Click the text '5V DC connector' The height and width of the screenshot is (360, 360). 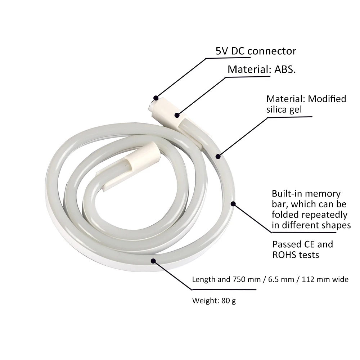click(256, 51)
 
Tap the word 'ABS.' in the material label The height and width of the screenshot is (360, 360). click(285, 69)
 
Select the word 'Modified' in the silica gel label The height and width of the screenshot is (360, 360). click(327, 99)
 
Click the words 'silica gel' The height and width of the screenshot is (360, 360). click(284, 109)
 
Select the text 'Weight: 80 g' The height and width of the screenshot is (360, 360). click(214, 300)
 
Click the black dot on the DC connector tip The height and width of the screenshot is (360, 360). click(156, 98)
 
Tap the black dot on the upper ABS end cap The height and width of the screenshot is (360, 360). click(177, 115)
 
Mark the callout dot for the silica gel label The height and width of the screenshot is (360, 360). click(217, 156)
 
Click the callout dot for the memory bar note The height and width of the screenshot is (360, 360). click(233, 204)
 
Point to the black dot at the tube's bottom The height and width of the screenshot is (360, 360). click(154, 261)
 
